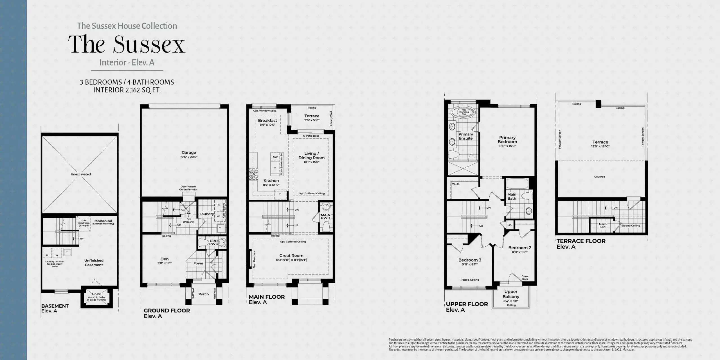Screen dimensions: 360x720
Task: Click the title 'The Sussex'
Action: pos(127,44)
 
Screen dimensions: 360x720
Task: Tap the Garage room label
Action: pos(189,152)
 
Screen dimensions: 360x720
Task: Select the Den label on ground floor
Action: pos(165,259)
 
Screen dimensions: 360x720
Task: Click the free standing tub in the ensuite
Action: pos(464,112)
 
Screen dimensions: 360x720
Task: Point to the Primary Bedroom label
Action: pos(507,139)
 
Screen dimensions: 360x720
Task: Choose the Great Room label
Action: pos(291,256)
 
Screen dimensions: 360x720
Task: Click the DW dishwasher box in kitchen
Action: pos(275,157)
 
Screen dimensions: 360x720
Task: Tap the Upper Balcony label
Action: pos(511,294)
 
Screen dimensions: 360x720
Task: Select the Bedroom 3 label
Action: pos(470,260)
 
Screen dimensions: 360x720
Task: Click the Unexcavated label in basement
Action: pos(81,174)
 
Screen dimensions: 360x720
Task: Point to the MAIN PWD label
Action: pos(325,217)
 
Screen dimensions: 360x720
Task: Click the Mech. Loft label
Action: pos(603,225)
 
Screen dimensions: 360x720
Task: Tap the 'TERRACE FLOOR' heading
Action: pos(581,241)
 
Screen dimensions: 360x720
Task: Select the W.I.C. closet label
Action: pos(455,184)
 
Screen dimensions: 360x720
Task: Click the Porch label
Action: pos(204,294)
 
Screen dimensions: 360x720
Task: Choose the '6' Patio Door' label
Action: pos(311,136)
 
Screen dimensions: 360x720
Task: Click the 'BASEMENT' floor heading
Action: pos(55,306)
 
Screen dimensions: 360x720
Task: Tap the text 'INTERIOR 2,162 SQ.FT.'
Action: pos(127,90)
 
